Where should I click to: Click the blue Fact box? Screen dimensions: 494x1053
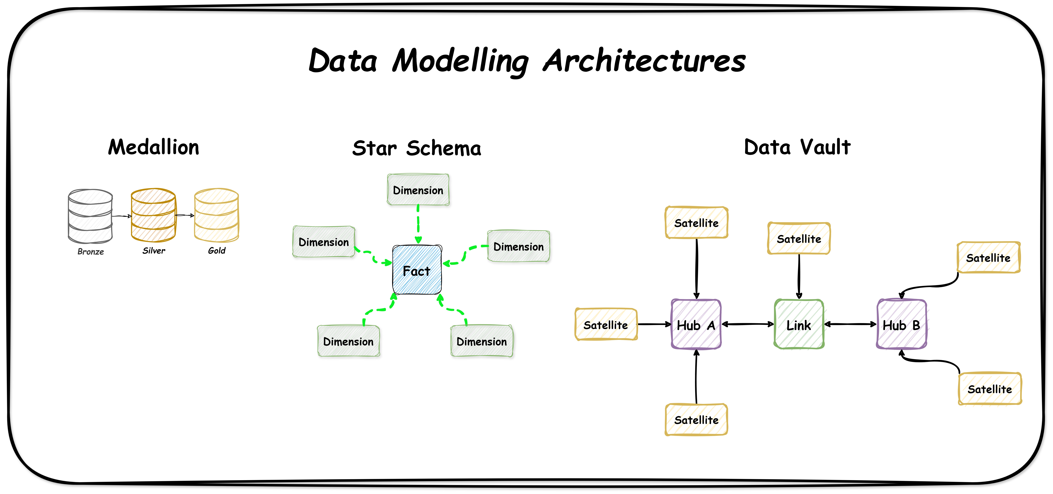pyautogui.click(x=417, y=270)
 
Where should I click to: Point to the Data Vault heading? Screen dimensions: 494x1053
pyautogui.click(x=797, y=147)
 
